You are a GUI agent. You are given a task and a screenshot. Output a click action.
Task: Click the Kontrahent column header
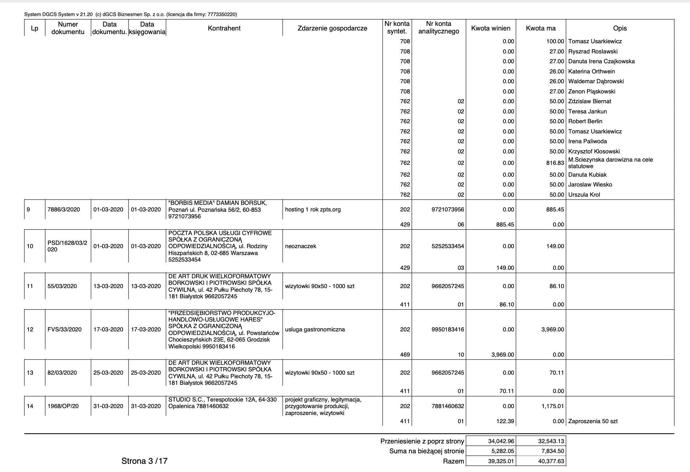click(x=224, y=28)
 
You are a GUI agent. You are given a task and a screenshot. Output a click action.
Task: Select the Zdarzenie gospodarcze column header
click(x=332, y=28)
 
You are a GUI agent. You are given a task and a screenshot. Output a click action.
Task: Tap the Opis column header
click(x=619, y=28)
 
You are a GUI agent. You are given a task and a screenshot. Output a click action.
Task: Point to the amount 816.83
click(x=555, y=163)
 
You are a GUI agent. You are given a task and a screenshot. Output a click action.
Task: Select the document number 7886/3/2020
click(x=64, y=209)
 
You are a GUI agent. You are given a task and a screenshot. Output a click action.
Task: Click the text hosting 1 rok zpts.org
click(x=313, y=209)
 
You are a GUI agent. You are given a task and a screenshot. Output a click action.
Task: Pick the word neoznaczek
click(x=301, y=246)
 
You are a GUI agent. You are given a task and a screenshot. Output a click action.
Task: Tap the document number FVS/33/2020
click(x=64, y=329)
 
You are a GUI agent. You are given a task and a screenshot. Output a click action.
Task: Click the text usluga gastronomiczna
click(x=315, y=329)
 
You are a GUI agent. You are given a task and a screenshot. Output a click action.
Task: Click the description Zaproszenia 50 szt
click(x=593, y=421)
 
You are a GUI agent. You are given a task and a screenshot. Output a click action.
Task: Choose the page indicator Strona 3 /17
click(x=144, y=461)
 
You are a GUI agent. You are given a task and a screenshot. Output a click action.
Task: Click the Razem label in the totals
click(x=453, y=462)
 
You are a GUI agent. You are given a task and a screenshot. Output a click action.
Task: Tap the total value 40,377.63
click(x=551, y=462)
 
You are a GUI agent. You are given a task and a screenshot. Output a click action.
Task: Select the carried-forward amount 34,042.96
click(x=501, y=441)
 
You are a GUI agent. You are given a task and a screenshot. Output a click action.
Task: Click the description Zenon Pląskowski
click(x=592, y=91)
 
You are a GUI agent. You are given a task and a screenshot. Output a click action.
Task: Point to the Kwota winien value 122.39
click(x=505, y=421)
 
